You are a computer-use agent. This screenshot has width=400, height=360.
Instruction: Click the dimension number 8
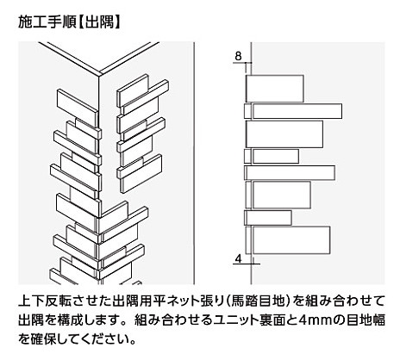(x=238, y=56)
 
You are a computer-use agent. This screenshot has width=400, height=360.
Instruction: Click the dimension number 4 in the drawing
(x=238, y=259)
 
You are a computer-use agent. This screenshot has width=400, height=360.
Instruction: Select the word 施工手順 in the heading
(x=47, y=22)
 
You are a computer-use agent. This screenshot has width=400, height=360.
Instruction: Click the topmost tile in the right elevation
(x=275, y=89)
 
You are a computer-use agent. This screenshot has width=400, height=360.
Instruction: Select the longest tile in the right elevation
(x=293, y=111)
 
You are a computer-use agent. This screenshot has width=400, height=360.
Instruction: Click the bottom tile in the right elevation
(x=288, y=240)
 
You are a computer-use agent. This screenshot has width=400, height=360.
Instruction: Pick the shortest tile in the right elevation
(x=268, y=218)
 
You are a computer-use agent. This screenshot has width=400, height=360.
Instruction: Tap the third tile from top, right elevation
(x=284, y=134)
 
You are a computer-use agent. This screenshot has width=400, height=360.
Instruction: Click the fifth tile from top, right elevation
(x=290, y=173)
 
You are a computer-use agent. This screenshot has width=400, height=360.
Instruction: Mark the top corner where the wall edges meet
(x=99, y=76)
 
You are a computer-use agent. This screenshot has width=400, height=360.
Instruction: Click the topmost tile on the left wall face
(x=77, y=107)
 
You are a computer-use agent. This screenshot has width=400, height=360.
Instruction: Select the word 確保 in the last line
(x=41, y=339)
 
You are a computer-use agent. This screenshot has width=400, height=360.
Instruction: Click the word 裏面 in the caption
(x=265, y=320)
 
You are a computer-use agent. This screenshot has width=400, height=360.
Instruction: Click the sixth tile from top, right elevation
(x=278, y=195)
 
